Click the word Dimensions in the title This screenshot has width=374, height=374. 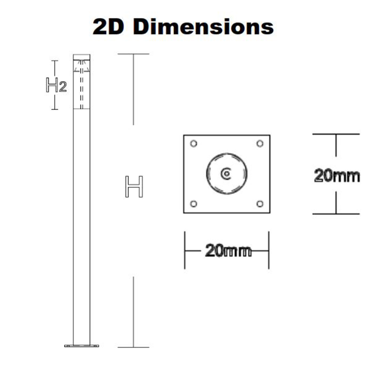point(203,27)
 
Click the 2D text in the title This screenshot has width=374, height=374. point(108,27)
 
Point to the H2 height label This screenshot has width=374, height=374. point(56,85)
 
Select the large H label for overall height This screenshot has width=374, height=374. point(134,187)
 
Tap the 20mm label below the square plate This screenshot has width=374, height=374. point(228,251)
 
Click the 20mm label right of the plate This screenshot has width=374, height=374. point(337,176)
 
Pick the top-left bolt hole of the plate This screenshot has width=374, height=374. point(194,144)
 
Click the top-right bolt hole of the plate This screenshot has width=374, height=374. point(260,144)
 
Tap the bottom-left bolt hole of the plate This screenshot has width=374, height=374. point(194,204)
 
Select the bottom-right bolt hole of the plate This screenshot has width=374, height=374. point(260,204)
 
